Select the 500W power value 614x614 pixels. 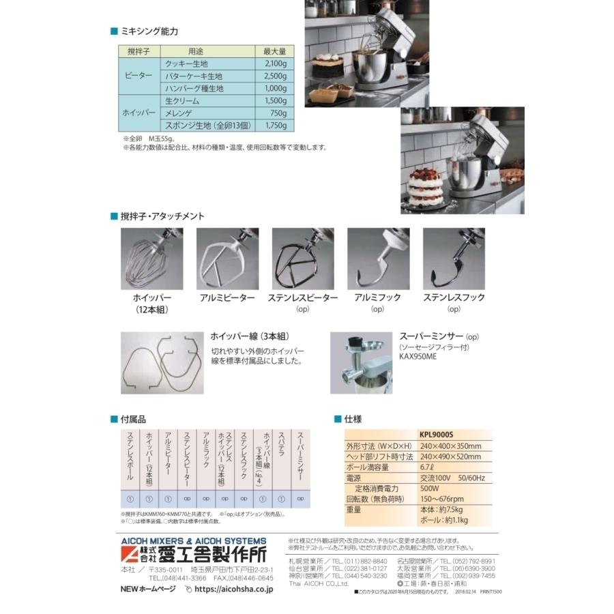pos(429,488)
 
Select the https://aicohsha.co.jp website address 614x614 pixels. pos(234,589)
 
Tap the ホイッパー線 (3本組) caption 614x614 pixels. pos(248,336)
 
